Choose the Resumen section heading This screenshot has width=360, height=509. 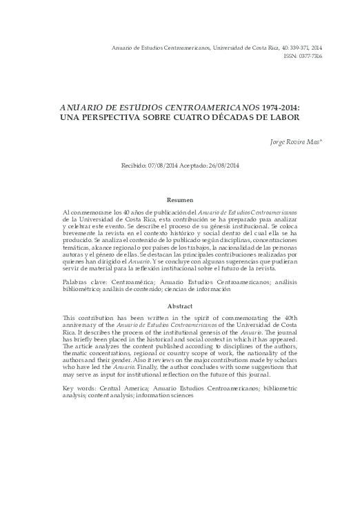[x=180, y=199]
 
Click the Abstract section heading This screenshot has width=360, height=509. [x=180, y=305]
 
